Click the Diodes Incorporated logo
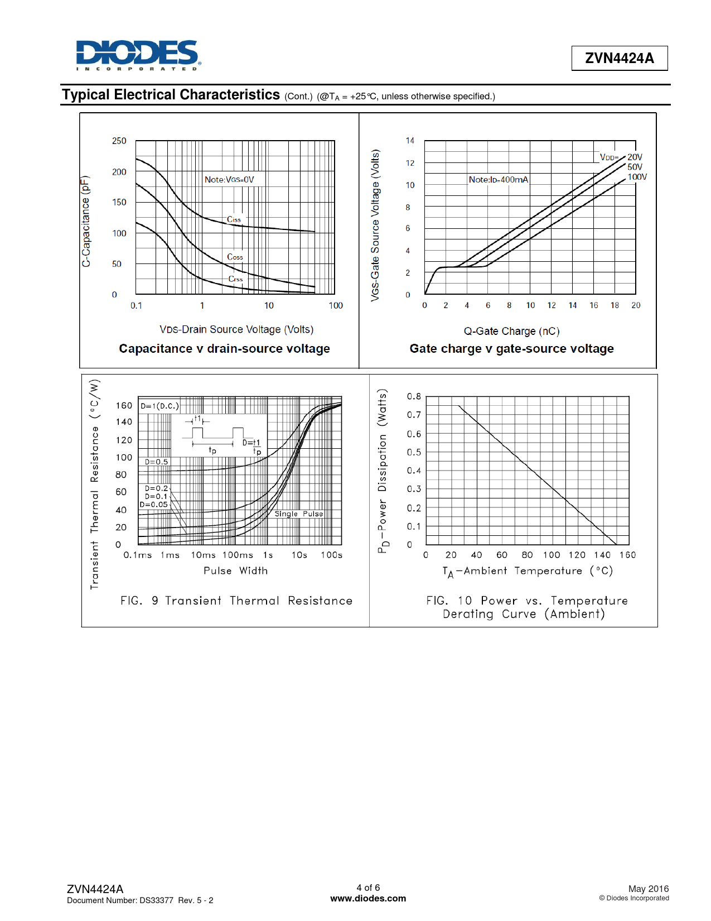138,55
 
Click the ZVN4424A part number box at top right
619,58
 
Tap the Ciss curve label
234,219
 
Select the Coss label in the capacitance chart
235,257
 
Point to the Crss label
235,279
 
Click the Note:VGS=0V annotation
229,179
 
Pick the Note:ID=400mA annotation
498,179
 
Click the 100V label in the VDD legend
637,177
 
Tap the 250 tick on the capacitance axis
119,141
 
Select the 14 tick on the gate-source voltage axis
410,141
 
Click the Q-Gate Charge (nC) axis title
511,331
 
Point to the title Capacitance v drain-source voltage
224,349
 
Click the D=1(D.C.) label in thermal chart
159,406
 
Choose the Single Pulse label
298,514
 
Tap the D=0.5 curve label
156,462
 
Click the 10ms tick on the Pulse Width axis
203,555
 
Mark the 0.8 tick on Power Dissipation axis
414,396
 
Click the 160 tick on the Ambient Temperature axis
627,555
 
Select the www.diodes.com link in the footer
368,898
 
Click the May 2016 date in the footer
648,889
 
